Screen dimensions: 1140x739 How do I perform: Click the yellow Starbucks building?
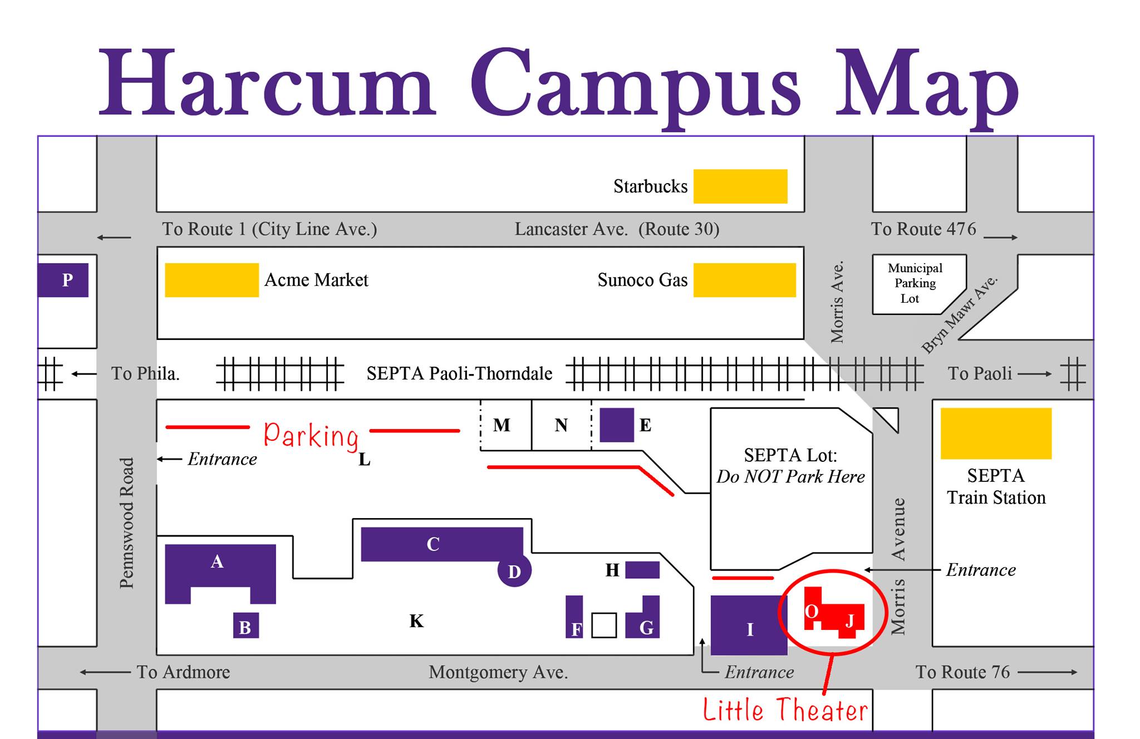[740, 186]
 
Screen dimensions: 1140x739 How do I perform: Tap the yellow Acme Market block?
[212, 280]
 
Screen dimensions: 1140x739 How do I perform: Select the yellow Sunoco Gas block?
[745, 280]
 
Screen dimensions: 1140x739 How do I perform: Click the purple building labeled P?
[63, 280]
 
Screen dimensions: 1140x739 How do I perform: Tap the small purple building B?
[246, 625]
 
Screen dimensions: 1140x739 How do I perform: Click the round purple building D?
[514, 570]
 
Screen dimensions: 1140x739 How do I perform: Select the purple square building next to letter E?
[617, 425]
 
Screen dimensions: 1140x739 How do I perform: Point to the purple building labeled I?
[749, 625]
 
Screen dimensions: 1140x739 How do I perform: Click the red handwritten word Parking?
[311, 435]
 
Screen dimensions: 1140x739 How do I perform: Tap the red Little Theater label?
[785, 710]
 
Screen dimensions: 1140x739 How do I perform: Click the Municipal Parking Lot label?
[915, 283]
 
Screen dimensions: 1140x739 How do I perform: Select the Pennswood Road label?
[127, 523]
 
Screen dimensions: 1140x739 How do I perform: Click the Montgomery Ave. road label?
[498, 673]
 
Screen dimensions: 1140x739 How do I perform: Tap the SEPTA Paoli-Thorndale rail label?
[459, 373]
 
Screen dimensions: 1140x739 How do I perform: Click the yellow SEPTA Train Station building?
[996, 433]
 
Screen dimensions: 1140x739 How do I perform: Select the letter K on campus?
[416, 621]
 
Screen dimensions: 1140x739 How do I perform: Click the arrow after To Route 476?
[1000, 238]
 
